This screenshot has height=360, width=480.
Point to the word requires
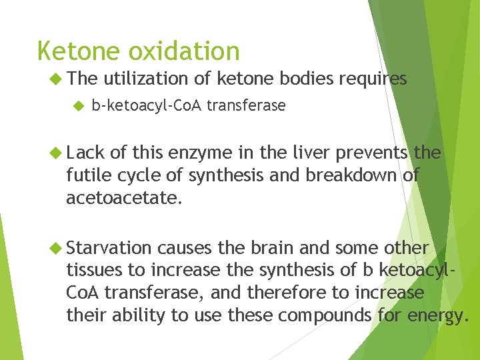tap(373, 79)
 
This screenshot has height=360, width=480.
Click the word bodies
tap(304, 79)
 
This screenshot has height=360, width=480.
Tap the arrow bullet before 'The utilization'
tap(56, 79)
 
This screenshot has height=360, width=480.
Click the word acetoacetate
tap(123, 198)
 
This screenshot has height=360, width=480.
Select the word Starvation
tap(109, 248)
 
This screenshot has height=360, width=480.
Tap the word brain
tap(272, 248)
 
